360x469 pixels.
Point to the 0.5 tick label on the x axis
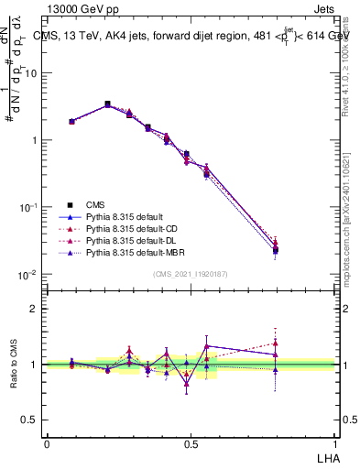coord(191,442)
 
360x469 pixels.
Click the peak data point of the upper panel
coord(107,104)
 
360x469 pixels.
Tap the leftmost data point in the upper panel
coord(71,121)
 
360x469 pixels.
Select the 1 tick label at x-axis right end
coord(335,442)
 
